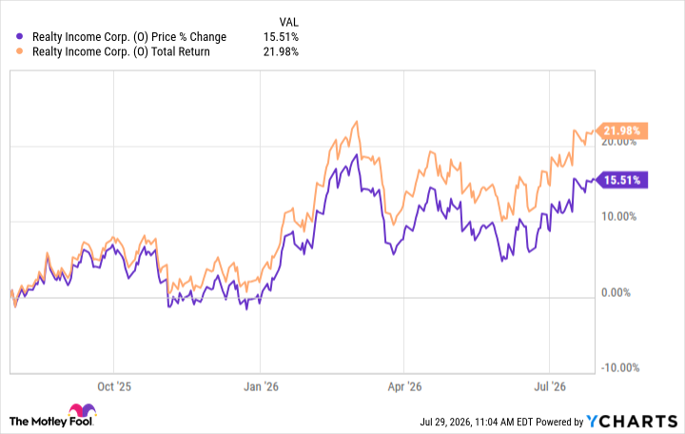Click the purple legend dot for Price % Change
click(x=19, y=36)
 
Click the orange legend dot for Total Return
click(x=19, y=51)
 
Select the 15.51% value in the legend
click(x=281, y=37)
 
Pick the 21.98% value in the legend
click(x=281, y=51)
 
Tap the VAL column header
click(x=289, y=22)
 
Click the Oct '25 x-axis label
click(x=114, y=386)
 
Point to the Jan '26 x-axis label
click(x=261, y=386)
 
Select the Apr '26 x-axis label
click(x=404, y=386)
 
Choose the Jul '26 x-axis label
click(x=550, y=386)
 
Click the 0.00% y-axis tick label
click(x=616, y=292)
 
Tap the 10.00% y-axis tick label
click(x=619, y=216)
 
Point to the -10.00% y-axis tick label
click(x=620, y=367)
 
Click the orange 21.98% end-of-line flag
click(x=621, y=130)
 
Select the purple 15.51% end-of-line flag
click(x=621, y=180)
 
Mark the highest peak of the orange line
click(x=357, y=122)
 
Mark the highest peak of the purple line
click(x=357, y=155)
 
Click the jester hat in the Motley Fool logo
click(x=82, y=410)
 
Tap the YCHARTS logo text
click(x=632, y=421)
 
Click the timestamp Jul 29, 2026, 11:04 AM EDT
click(x=477, y=422)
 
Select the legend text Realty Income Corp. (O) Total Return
click(x=121, y=51)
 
